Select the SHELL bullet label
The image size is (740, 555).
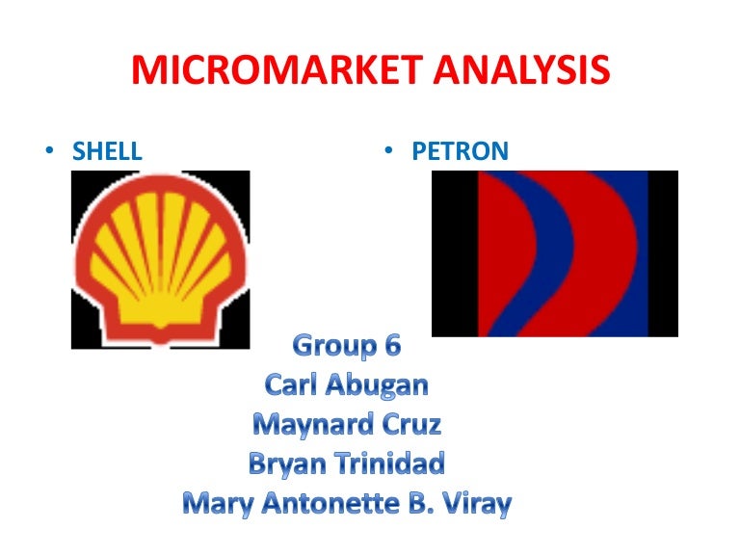[108, 151]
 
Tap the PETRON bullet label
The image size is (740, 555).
[461, 151]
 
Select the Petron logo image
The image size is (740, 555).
[555, 253]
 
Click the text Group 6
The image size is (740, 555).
[346, 345]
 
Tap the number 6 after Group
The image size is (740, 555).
[390, 345]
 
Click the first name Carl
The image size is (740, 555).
[289, 384]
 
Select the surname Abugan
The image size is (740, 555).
[375, 385]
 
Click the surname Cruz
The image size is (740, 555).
[411, 424]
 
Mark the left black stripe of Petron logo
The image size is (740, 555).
[455, 253]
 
